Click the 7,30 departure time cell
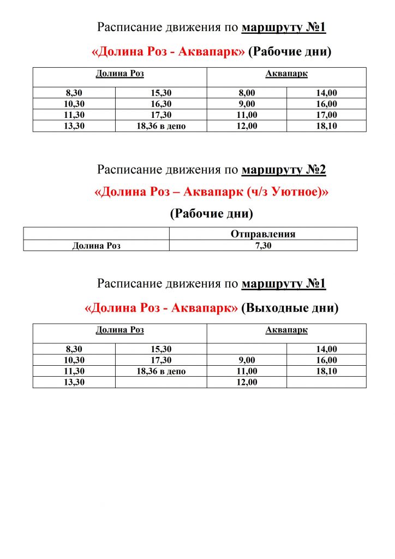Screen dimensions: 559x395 [263, 246]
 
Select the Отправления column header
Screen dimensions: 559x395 [263, 234]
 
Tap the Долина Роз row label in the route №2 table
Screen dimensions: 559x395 [97, 246]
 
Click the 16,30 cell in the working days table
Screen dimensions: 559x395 [161, 104]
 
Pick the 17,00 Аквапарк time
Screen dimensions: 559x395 [327, 115]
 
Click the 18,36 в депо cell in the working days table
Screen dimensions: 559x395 [161, 126]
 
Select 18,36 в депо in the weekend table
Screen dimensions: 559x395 [161, 371]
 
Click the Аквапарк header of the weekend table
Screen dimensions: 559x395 [286, 330]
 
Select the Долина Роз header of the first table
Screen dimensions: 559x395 [120, 74]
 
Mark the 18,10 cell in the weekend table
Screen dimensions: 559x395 [327, 371]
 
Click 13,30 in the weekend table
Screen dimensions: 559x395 [74, 382]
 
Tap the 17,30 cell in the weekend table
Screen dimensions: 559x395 [161, 360]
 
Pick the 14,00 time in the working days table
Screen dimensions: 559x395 [327, 93]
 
